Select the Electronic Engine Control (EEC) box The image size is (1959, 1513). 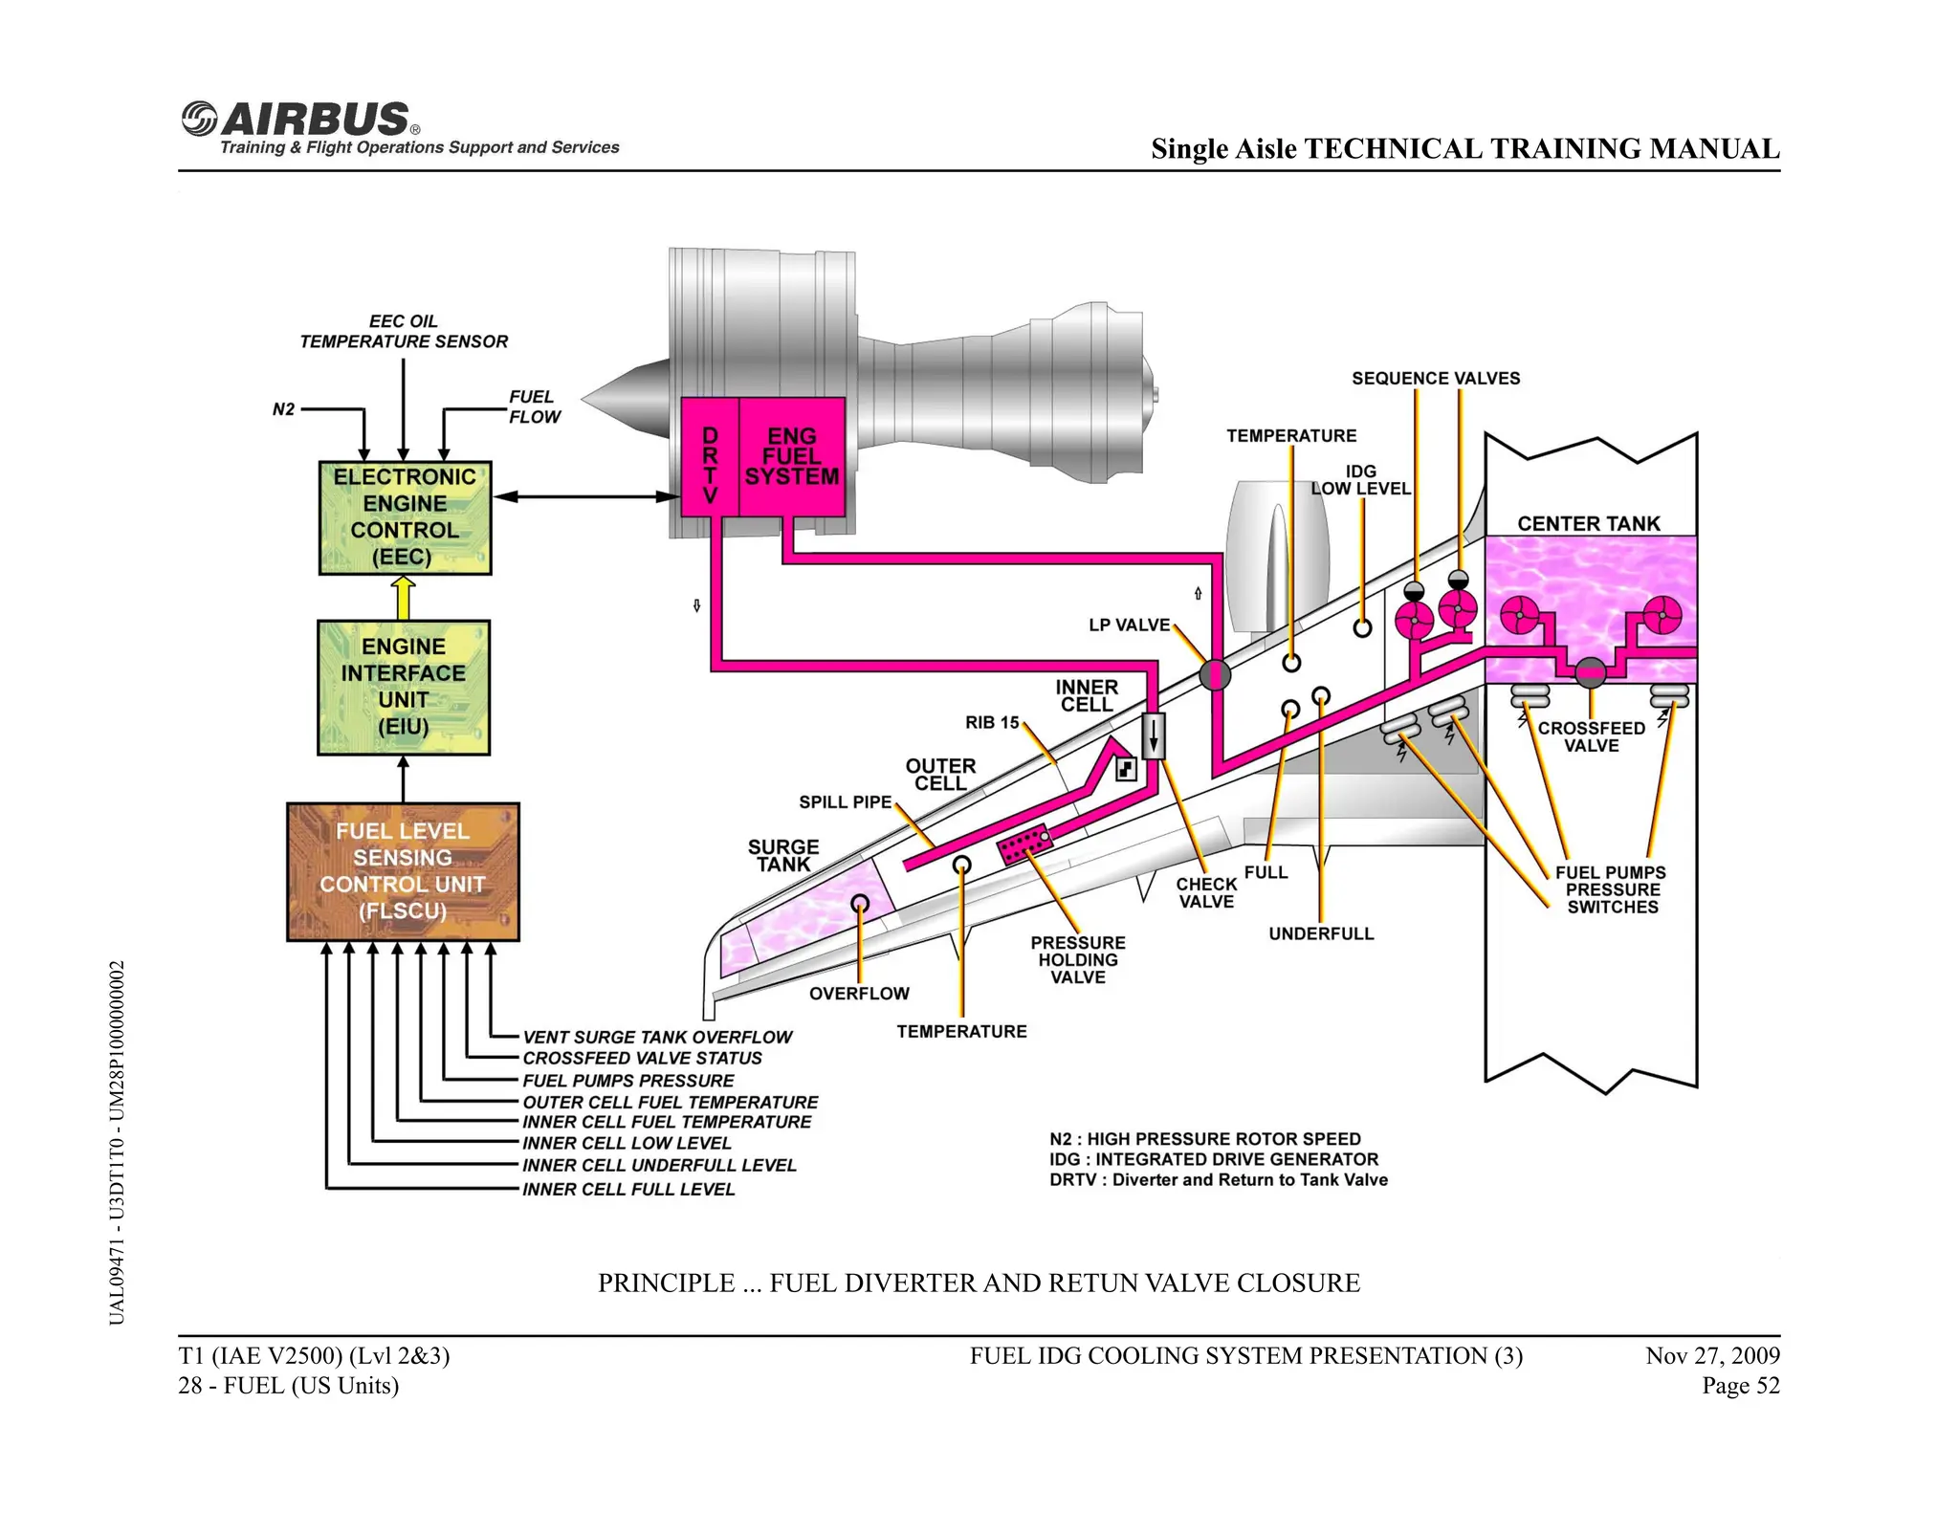[405, 517]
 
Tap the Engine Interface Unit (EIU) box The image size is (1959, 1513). [404, 687]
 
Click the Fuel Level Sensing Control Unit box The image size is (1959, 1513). [403, 871]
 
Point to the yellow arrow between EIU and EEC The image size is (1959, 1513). [404, 598]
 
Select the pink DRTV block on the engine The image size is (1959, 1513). [710, 458]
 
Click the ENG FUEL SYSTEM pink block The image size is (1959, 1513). [792, 457]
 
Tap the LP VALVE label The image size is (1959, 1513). [1129, 625]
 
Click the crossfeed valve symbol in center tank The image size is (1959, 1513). [1590, 672]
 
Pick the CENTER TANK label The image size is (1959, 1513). [1589, 523]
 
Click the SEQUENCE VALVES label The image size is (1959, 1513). [1435, 378]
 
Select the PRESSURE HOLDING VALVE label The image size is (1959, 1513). [1078, 959]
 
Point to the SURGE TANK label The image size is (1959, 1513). [783, 855]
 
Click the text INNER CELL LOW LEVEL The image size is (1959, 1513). [627, 1143]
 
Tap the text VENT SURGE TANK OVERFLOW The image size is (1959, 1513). [657, 1037]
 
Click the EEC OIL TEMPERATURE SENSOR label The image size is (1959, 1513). [404, 331]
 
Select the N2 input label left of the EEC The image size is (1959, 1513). [283, 409]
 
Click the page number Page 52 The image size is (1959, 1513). [1740, 1385]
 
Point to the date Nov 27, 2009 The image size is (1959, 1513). [1712, 1355]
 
